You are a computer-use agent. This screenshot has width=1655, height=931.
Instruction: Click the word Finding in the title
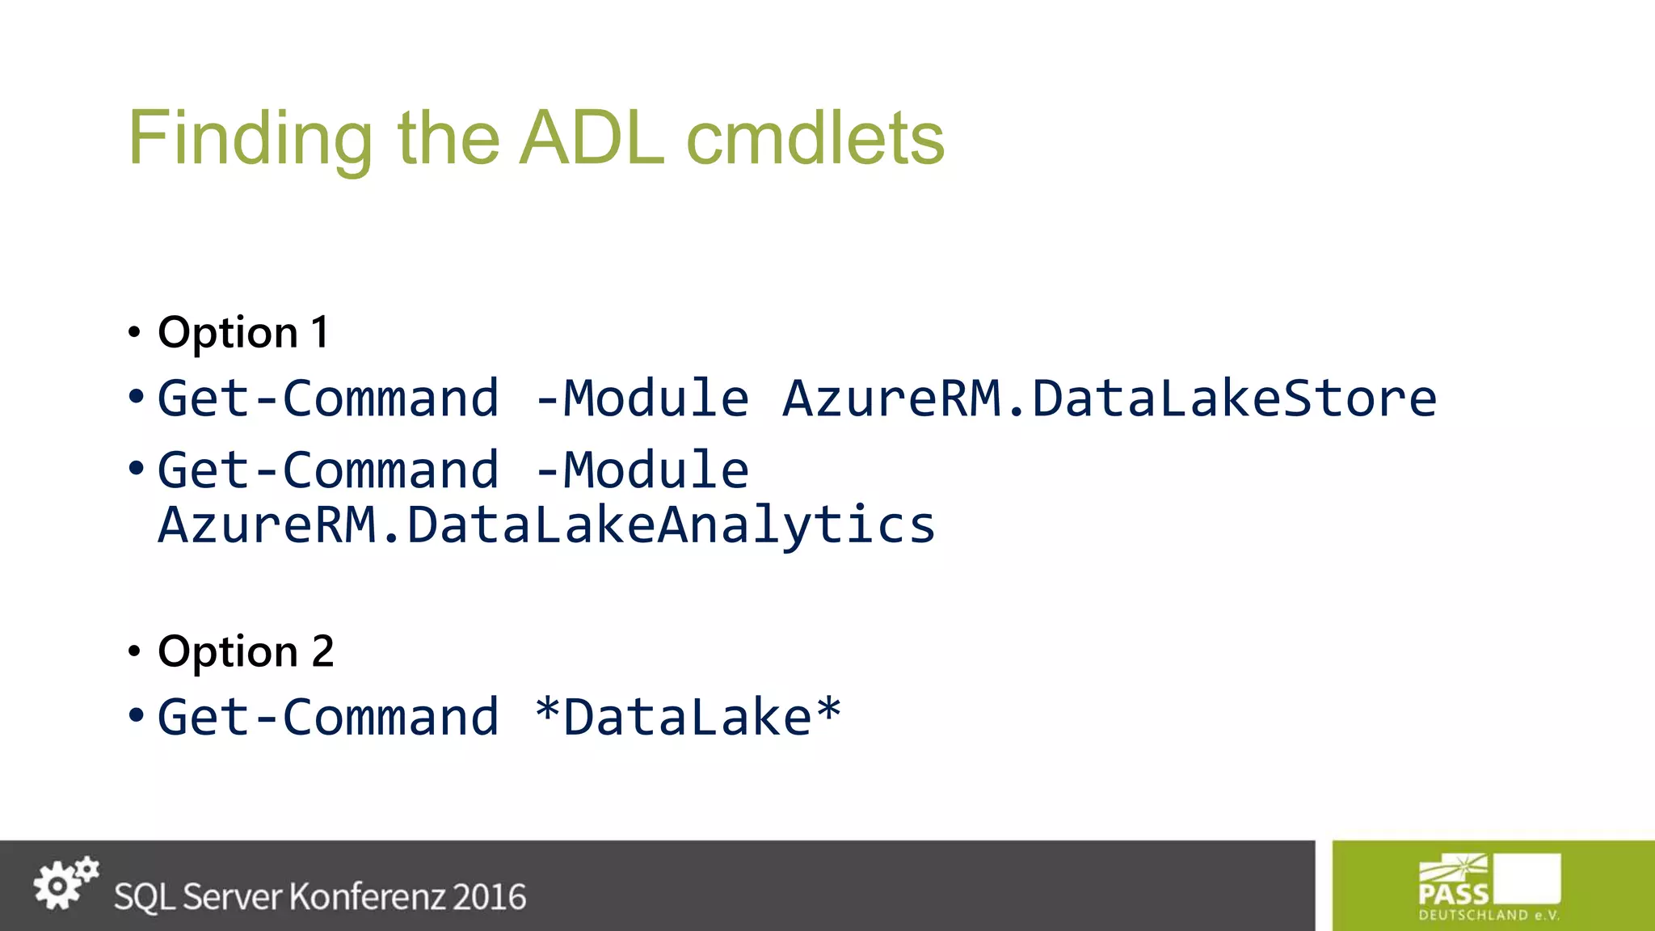(x=251, y=139)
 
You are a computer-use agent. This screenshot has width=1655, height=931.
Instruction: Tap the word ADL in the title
(x=592, y=139)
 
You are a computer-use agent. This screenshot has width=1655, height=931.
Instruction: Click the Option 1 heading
(x=243, y=332)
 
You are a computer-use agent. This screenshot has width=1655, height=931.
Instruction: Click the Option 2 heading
(x=246, y=651)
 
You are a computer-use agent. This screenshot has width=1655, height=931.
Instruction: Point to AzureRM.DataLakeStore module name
(x=1110, y=398)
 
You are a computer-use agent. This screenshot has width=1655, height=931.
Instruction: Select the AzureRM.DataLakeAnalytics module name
(x=546, y=524)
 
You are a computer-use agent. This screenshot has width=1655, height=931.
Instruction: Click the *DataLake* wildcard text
(x=688, y=717)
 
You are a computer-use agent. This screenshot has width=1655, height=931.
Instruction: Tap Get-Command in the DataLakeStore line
(x=328, y=398)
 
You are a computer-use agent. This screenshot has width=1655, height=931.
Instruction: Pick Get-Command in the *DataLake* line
(x=328, y=717)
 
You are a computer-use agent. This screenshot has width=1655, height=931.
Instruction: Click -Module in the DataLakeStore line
(x=642, y=398)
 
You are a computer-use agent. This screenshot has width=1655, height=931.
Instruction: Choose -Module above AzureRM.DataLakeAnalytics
(x=642, y=470)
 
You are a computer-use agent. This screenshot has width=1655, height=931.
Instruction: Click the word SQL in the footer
(x=141, y=897)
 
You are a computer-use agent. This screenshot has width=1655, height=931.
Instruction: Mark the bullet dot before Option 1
(x=135, y=332)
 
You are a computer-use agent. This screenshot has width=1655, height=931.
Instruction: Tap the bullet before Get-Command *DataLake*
(x=136, y=715)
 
